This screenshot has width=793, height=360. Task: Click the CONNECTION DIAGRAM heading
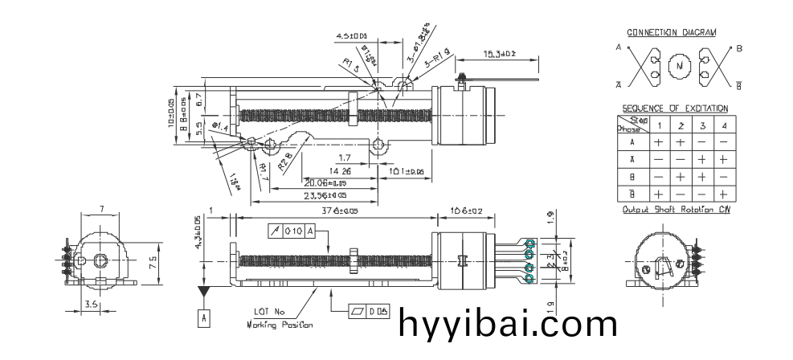[x=671, y=33]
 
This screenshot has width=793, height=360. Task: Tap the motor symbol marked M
[x=680, y=66]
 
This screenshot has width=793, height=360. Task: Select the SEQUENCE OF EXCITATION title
[x=675, y=108]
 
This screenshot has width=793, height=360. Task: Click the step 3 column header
[x=701, y=125]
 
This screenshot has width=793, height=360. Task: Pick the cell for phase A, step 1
[x=658, y=141]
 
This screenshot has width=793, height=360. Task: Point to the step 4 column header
[x=724, y=125]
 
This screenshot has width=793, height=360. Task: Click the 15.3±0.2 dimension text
[x=499, y=54]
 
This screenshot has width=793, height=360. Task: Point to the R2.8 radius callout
[x=284, y=165]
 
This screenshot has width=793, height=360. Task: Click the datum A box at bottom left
[x=204, y=317]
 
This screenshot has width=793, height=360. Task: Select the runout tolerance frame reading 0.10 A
[x=292, y=231]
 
